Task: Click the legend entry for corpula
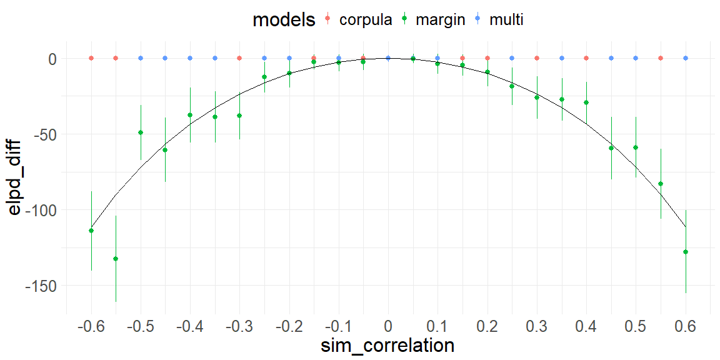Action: [x=365, y=19]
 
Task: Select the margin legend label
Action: [x=440, y=19]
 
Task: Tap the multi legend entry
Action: [x=506, y=19]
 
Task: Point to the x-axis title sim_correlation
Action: [x=388, y=345]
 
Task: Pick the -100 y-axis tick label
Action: [x=40, y=210]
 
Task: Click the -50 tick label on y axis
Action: [x=44, y=134]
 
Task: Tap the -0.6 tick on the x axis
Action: [x=91, y=327]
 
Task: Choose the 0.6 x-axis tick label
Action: [x=686, y=327]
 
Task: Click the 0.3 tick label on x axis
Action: [x=537, y=327]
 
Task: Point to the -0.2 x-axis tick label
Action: [x=289, y=327]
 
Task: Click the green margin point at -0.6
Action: [x=91, y=231]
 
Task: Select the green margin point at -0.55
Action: [x=116, y=259]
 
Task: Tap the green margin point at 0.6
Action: [x=686, y=252]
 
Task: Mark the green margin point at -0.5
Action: [x=141, y=132]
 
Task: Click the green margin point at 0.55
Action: [x=661, y=184]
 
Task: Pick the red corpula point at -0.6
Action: [x=91, y=58]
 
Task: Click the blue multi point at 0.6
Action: [x=686, y=58]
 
